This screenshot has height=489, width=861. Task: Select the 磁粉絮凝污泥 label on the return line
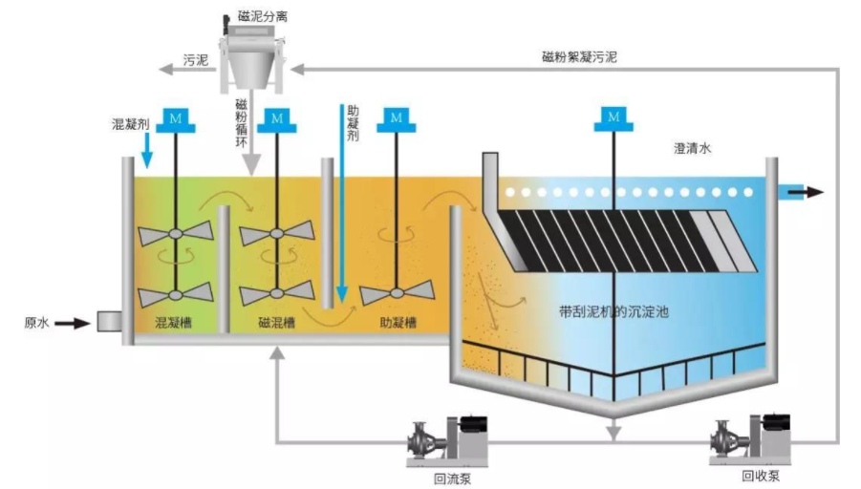point(578,57)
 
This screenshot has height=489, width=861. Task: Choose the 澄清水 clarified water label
point(695,149)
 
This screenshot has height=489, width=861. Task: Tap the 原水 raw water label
point(36,323)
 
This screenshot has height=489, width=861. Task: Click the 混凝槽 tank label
point(173,323)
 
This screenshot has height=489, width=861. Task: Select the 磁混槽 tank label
point(276,323)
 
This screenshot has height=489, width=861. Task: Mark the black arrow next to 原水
point(71,323)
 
